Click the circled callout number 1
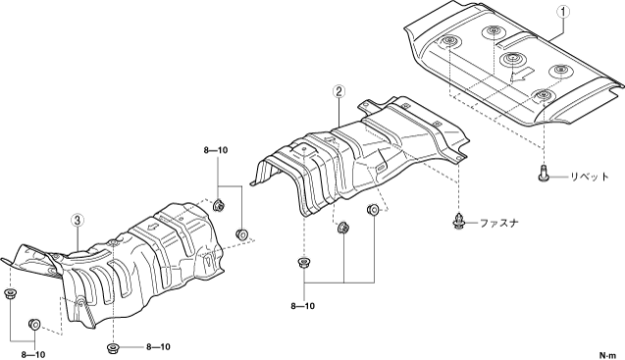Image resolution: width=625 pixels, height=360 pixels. click(x=563, y=13)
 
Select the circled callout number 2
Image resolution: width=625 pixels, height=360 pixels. click(x=338, y=91)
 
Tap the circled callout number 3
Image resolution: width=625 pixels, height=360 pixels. click(x=78, y=219)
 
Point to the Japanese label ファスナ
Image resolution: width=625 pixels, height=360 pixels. click(x=499, y=224)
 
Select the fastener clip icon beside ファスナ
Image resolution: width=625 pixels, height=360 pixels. click(x=459, y=222)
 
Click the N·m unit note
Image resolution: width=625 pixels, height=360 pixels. click(x=608, y=354)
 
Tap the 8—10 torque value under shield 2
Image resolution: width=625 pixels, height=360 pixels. click(x=302, y=306)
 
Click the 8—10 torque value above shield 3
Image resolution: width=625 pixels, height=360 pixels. click(x=216, y=150)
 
